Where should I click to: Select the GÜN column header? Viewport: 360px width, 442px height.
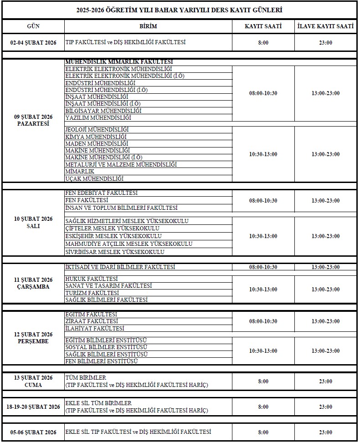pos(33,26)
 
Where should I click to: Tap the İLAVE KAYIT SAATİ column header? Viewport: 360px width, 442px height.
pos(325,26)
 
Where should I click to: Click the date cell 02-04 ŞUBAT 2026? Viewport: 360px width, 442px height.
pos(33,42)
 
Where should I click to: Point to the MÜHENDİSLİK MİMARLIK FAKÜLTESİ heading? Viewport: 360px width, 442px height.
pos(119,61)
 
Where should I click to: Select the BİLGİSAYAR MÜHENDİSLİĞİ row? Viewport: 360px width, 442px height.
pos(103,111)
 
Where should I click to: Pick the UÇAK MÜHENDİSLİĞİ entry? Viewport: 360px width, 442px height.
pos(95,179)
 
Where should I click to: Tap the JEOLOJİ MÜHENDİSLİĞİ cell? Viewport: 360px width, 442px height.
pos(97,130)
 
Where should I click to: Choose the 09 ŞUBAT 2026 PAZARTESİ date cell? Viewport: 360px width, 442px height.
pos(33,120)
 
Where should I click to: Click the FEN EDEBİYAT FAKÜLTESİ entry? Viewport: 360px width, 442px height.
pos(102,193)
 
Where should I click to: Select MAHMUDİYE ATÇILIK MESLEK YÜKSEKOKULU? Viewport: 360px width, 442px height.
pos(129,244)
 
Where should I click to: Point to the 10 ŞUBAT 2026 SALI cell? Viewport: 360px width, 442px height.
pos(33,222)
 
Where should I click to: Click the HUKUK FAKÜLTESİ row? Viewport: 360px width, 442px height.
pos(92,279)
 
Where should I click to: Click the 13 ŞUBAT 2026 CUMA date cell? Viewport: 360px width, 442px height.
pos(33,381)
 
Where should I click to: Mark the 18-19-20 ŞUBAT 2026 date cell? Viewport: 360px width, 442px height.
pos(33,406)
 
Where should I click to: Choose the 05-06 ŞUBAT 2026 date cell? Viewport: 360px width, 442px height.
pos(33,432)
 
